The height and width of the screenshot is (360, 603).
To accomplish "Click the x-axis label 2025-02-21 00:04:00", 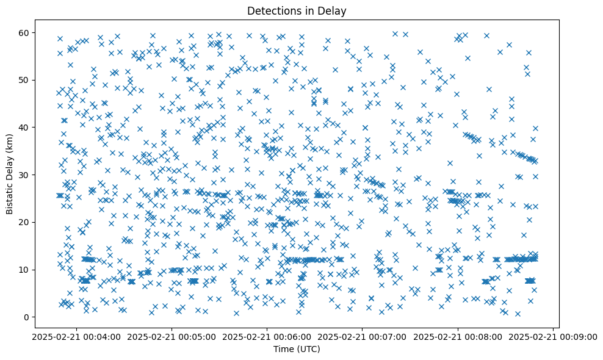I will point(76,336).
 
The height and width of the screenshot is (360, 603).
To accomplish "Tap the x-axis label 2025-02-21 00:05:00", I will point(172,336).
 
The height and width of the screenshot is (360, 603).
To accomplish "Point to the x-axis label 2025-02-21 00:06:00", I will point(267,336).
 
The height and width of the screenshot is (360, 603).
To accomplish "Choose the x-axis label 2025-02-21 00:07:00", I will point(362,336).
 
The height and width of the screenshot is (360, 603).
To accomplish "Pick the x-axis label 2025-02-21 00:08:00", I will point(457,336).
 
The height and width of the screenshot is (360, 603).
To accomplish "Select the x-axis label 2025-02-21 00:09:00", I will point(552,336).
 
